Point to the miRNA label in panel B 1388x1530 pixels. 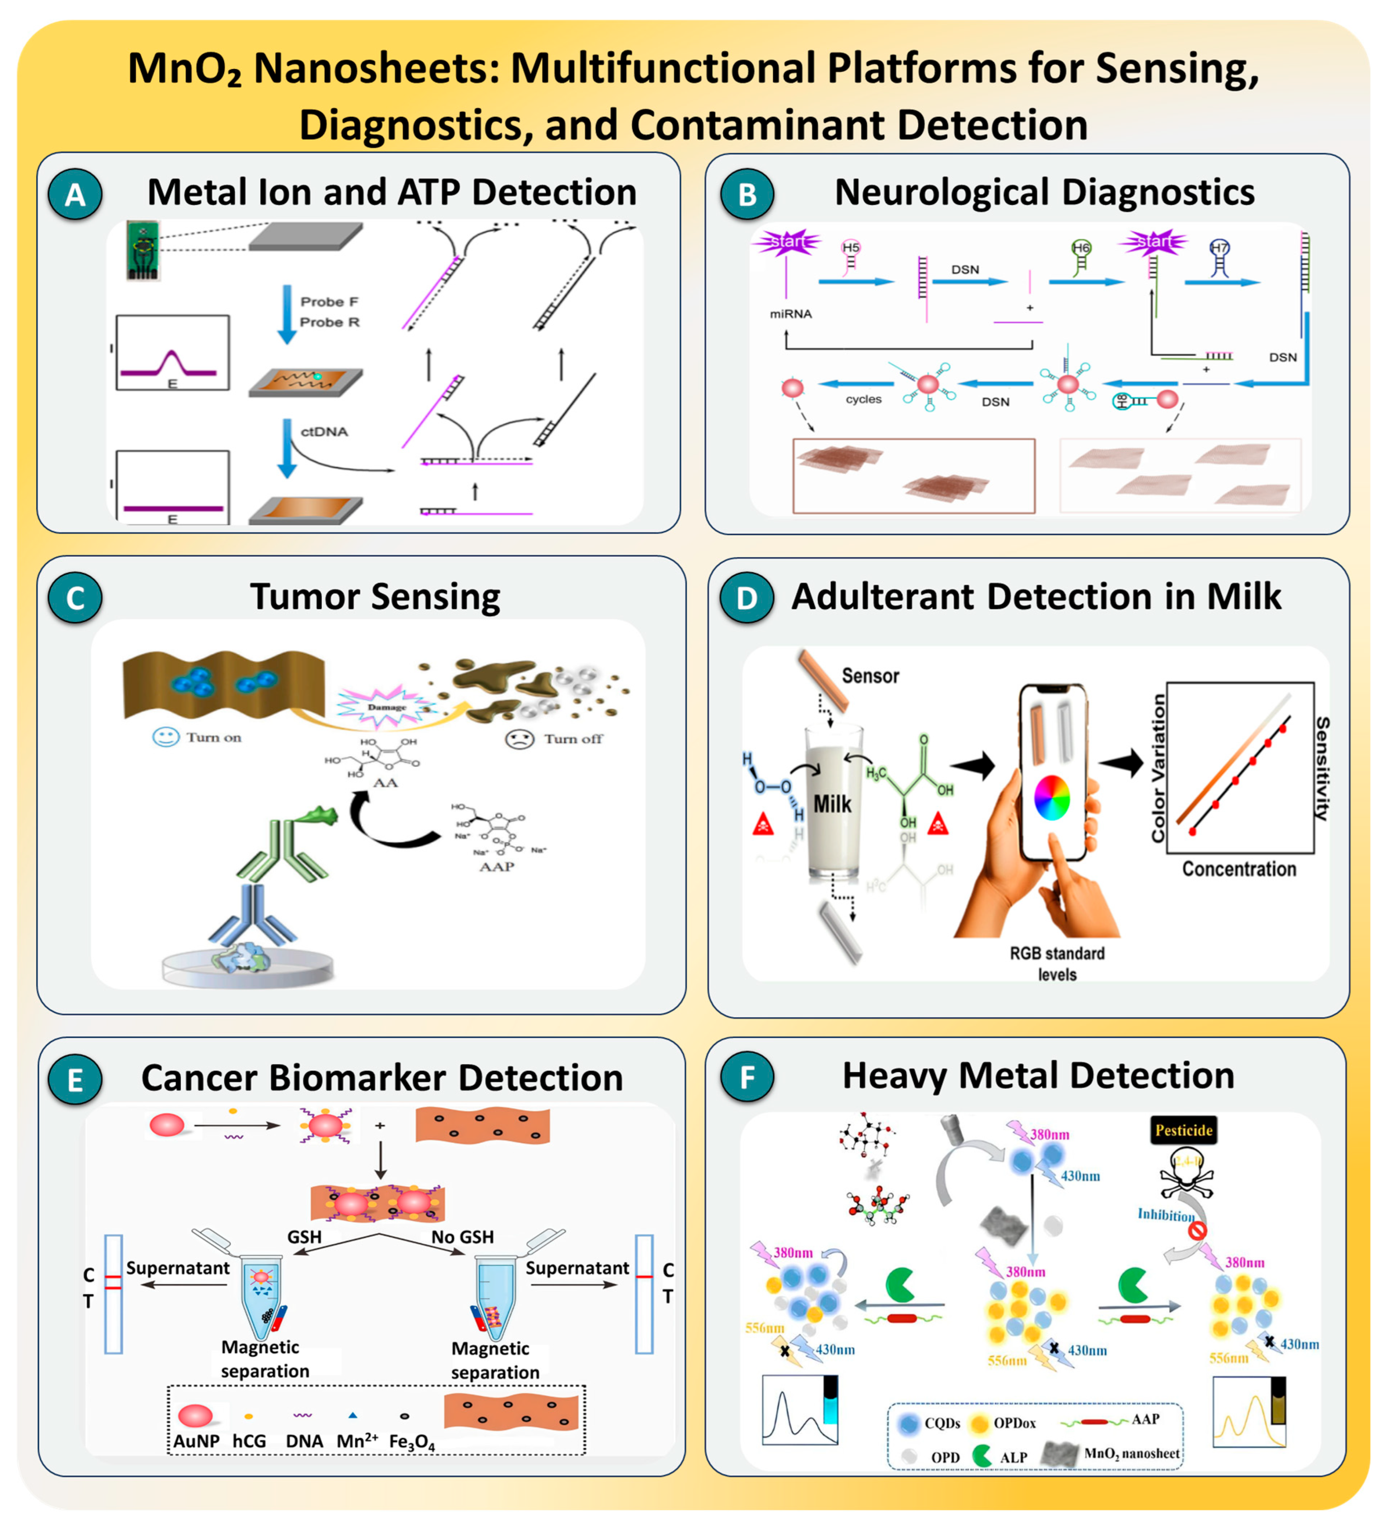click(x=790, y=314)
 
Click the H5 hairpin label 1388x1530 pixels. click(x=851, y=247)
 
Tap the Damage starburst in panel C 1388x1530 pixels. click(x=386, y=706)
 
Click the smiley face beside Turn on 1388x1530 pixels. click(x=165, y=737)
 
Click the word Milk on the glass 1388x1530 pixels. click(x=832, y=804)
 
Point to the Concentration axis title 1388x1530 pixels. click(x=1239, y=869)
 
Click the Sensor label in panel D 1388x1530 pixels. click(x=870, y=675)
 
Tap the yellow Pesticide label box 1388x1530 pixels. click(x=1183, y=1130)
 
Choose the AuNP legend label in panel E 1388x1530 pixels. click(x=196, y=1440)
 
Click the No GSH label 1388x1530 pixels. click(x=462, y=1237)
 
